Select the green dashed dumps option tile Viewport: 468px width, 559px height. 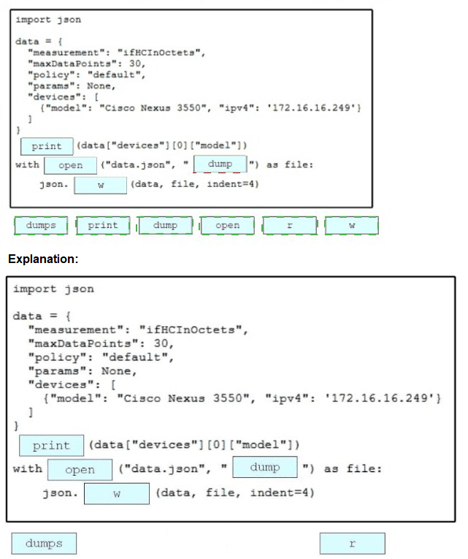41,226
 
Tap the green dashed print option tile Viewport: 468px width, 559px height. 103,226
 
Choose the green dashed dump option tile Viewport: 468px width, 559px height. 165,226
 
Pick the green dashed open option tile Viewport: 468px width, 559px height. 228,226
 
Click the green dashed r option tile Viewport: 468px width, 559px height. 290,226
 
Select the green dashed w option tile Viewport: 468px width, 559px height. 353,226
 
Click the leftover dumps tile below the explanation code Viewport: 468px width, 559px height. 44,544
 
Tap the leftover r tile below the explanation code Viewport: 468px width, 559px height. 352,544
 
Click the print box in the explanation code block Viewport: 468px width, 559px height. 51,445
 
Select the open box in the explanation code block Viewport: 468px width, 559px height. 80,470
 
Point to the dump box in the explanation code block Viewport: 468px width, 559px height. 264,467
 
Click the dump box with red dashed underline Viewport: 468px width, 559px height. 220,164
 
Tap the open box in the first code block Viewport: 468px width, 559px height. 70,166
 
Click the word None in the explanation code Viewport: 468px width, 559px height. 118,370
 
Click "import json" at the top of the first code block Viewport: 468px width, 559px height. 48,20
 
